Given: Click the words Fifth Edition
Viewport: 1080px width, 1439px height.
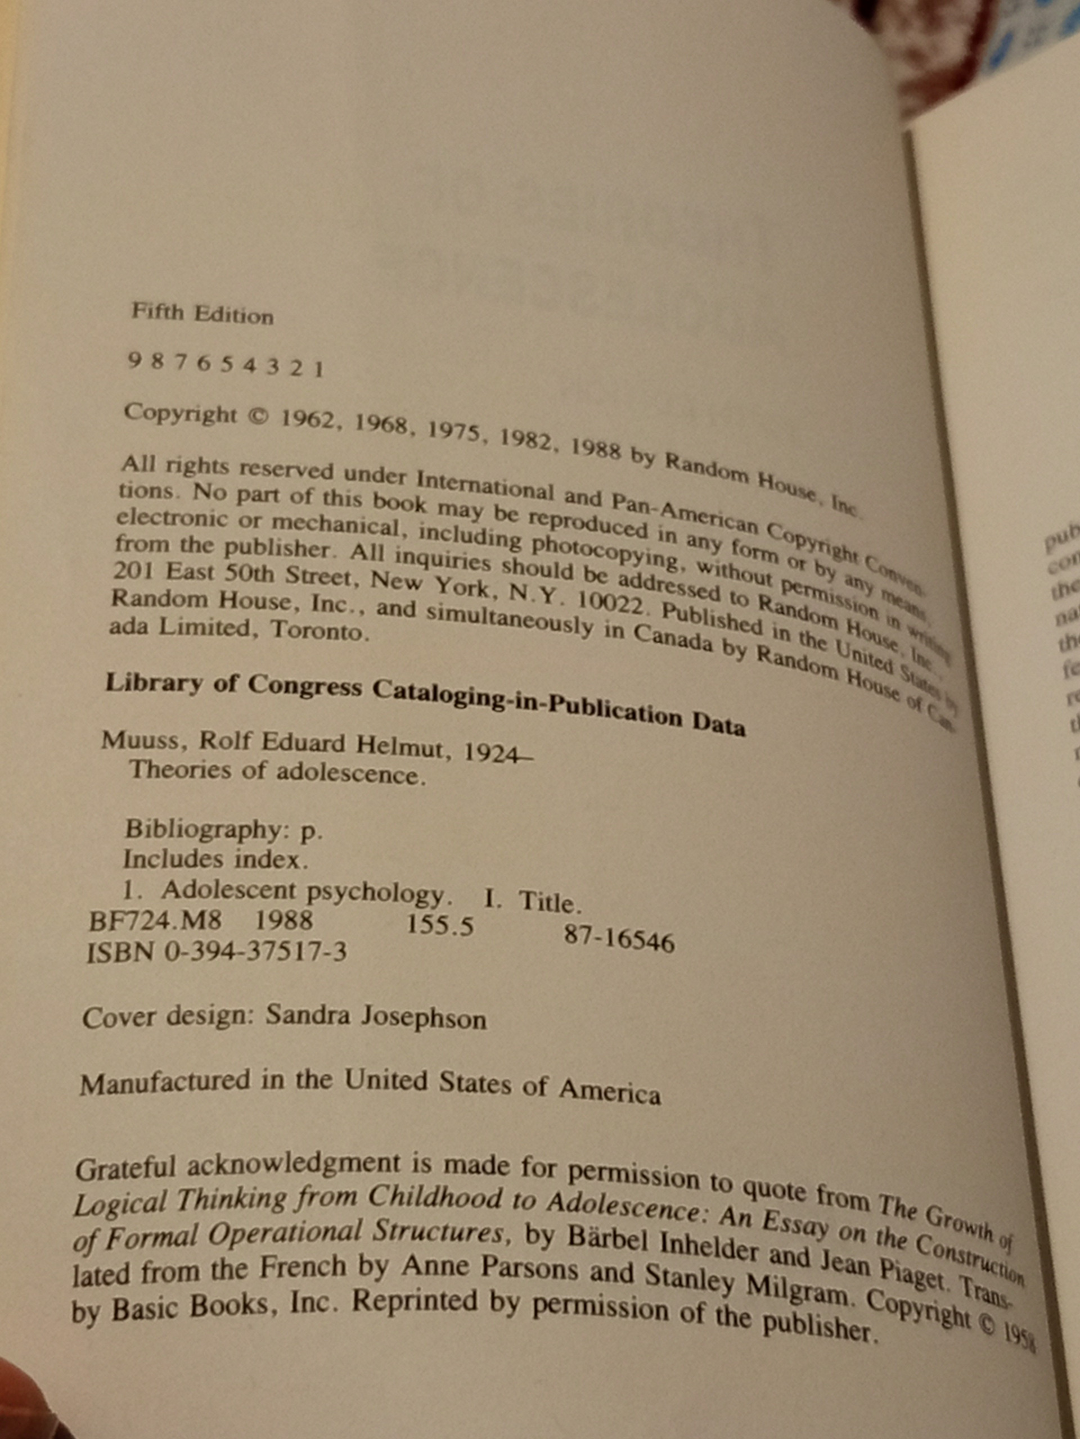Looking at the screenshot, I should point(202,314).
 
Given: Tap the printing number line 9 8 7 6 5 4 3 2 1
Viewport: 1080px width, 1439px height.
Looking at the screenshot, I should point(225,365).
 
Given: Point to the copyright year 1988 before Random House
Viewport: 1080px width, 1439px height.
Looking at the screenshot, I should point(596,450).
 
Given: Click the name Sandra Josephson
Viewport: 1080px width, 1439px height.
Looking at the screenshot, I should point(376,1018).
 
